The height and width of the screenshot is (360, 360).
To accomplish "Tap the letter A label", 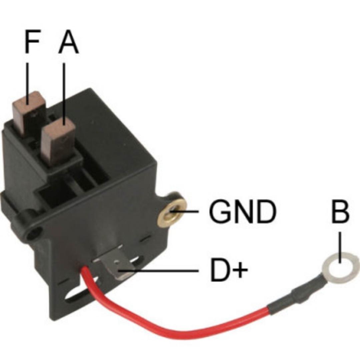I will click(69, 42).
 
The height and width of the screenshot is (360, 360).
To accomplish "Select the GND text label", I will click(242, 212).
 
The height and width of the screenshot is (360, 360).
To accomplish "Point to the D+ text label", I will click(229, 272).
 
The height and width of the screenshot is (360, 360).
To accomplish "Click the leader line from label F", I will click(28, 77).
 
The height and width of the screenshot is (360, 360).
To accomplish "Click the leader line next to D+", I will click(160, 271).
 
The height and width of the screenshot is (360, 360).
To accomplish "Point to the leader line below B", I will click(340, 247).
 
